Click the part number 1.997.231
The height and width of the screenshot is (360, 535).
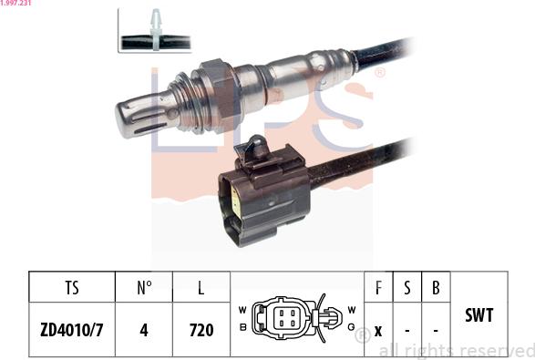tap(15, 4)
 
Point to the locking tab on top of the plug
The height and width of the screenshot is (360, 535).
tap(258, 146)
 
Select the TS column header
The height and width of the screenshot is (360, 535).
tap(72, 288)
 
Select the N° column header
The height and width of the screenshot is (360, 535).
tap(144, 288)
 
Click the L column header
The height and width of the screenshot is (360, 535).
tap(201, 288)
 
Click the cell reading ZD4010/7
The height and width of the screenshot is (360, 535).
tap(72, 329)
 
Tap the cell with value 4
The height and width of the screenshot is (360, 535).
tap(144, 329)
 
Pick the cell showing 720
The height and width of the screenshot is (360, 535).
tap(201, 329)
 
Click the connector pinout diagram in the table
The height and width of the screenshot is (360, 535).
tap(296, 318)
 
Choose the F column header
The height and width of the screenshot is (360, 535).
tap(378, 288)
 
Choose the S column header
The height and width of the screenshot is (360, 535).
tap(407, 288)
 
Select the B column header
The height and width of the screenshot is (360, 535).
tap(436, 288)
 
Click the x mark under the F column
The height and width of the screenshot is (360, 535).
tap(378, 329)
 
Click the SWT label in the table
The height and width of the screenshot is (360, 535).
tap(478, 315)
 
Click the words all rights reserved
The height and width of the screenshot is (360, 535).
tap(456, 351)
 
